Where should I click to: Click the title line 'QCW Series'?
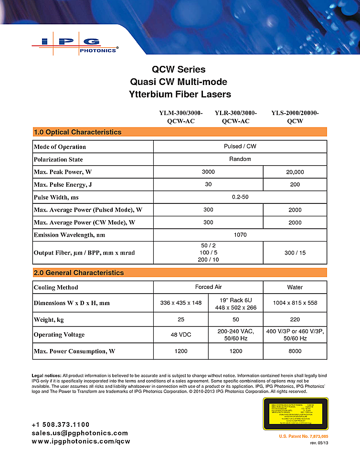[179, 70]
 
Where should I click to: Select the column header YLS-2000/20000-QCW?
[295, 117]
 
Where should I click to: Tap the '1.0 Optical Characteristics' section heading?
[77, 132]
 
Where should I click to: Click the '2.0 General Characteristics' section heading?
[79, 273]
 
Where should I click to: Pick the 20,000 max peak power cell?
[295, 172]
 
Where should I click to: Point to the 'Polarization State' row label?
[58, 159]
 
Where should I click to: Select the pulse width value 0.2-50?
[240, 197]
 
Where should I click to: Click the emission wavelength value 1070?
[240, 235]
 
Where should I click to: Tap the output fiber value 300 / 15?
[295, 253]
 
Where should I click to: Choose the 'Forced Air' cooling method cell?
[208, 287]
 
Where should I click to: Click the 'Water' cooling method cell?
[295, 287]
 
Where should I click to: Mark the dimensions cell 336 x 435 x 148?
[181, 303]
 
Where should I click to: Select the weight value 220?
[295, 319]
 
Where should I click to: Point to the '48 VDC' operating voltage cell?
[181, 335]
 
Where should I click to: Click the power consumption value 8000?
[295, 351]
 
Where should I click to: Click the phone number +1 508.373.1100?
[61, 424]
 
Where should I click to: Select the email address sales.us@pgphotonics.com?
[80, 433]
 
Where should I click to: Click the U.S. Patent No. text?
[303, 437]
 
